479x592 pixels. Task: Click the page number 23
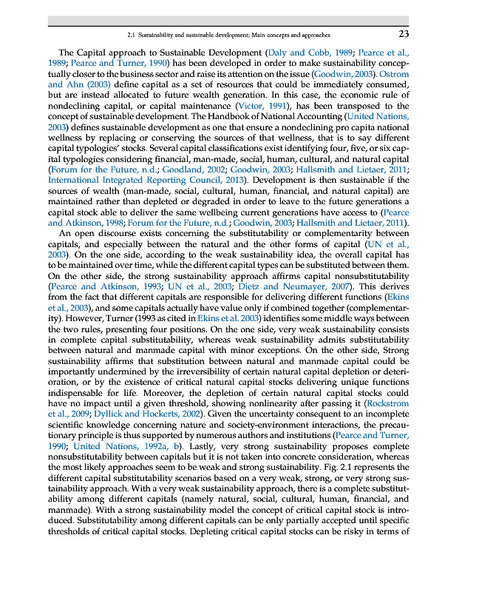coord(403,34)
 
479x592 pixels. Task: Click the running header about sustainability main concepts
coord(228,35)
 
